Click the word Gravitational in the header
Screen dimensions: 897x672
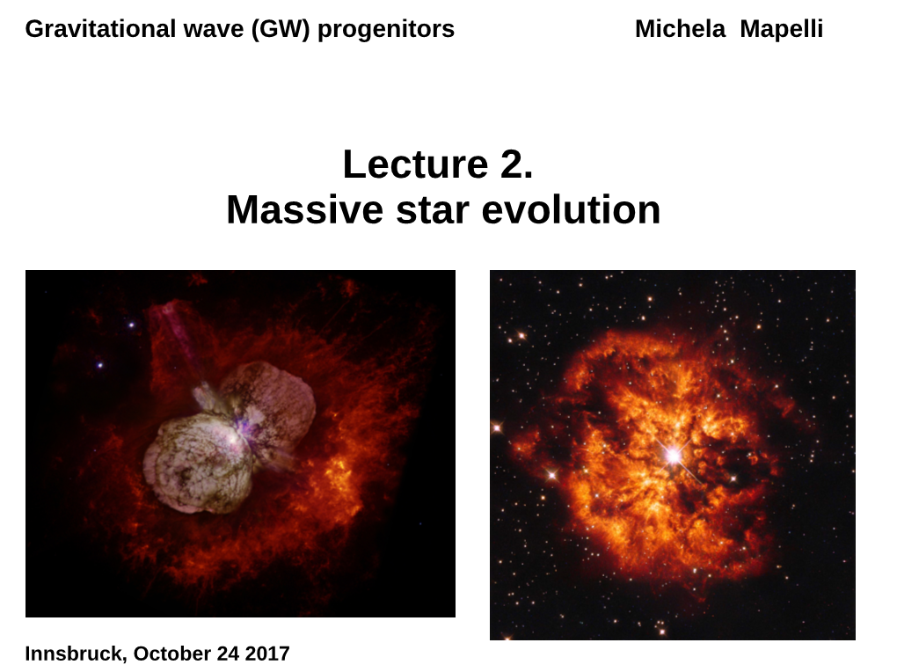click(x=100, y=29)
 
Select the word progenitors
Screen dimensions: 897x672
click(x=386, y=30)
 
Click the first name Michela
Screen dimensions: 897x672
click(x=680, y=29)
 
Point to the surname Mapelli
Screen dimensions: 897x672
click(x=782, y=30)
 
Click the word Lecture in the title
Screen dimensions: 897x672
click(x=415, y=164)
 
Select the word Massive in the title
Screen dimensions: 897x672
click(x=304, y=210)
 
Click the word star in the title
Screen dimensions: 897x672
click(x=433, y=210)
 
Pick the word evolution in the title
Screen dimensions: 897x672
click(x=571, y=210)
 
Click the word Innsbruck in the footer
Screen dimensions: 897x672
click(x=76, y=654)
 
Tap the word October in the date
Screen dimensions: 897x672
click(x=172, y=654)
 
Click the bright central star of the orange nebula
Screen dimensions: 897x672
click(x=674, y=456)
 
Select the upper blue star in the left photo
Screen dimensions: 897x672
click(x=132, y=325)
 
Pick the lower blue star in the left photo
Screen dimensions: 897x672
click(x=100, y=365)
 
